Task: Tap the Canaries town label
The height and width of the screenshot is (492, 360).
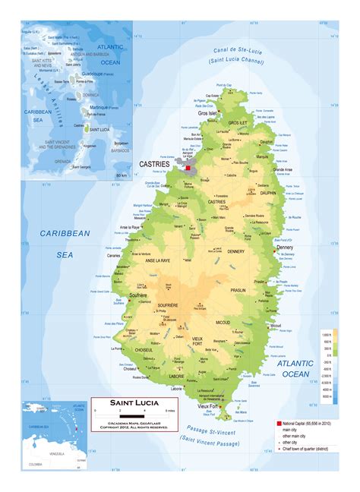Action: tap(114, 255)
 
